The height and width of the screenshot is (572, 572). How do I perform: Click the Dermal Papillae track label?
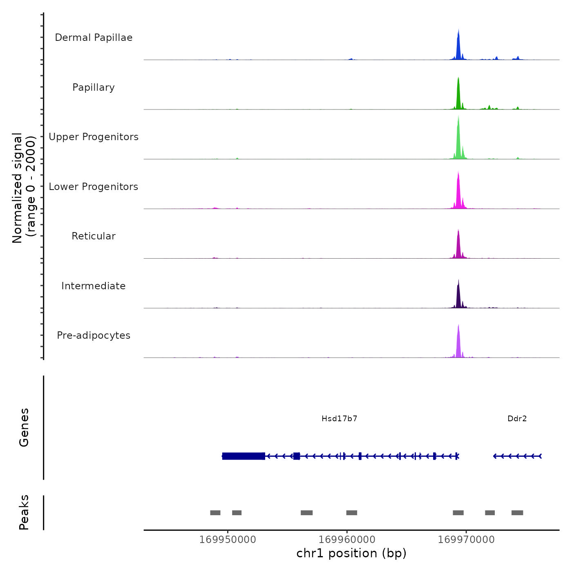[x=94, y=38]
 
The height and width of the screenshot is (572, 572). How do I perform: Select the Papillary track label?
[x=94, y=87]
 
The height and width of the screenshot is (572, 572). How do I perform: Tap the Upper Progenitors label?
[x=94, y=137]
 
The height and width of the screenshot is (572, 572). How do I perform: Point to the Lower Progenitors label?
[x=94, y=187]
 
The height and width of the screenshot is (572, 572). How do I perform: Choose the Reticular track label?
[x=94, y=236]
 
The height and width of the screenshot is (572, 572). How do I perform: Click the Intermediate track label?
[x=94, y=286]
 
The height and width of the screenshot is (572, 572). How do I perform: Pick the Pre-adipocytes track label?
[x=94, y=335]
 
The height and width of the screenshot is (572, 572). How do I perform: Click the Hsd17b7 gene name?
[x=340, y=419]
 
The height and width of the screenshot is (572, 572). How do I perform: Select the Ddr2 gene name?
[x=517, y=419]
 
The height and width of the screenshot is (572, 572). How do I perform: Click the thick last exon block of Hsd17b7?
[x=244, y=456]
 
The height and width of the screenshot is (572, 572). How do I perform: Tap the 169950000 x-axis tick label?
[x=228, y=540]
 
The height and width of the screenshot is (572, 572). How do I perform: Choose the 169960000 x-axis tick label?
[x=347, y=540]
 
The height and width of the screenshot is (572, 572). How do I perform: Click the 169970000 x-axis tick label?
[x=466, y=540]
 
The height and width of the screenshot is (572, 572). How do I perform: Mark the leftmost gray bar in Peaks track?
[x=215, y=513]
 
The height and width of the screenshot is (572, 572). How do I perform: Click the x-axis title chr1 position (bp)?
[x=351, y=554]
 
